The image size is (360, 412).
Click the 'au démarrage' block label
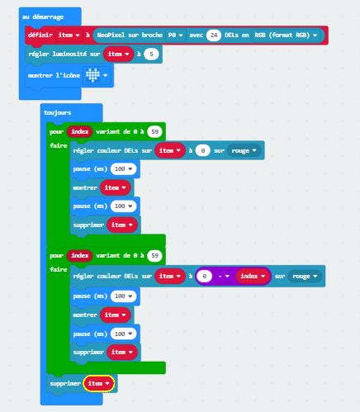click(43, 17)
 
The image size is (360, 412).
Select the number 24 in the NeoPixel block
click(214, 36)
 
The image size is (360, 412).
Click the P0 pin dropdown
click(176, 36)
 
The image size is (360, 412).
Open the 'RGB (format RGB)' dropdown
click(286, 36)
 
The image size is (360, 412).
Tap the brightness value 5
click(151, 54)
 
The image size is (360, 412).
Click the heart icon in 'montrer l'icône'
click(92, 75)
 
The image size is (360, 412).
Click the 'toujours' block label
click(58, 112)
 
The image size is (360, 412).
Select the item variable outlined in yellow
click(99, 383)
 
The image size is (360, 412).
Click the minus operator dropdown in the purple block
click(223, 276)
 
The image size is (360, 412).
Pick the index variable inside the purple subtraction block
click(253, 276)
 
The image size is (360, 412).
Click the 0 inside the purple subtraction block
click(204, 276)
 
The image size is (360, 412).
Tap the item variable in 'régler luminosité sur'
click(119, 54)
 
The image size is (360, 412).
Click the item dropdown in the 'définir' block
click(69, 36)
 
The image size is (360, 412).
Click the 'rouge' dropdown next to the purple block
click(305, 276)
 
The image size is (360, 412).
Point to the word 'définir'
click(40, 35)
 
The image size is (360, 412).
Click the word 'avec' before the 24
click(197, 36)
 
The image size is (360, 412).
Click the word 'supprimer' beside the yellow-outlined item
click(65, 384)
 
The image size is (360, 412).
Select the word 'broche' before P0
click(152, 35)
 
